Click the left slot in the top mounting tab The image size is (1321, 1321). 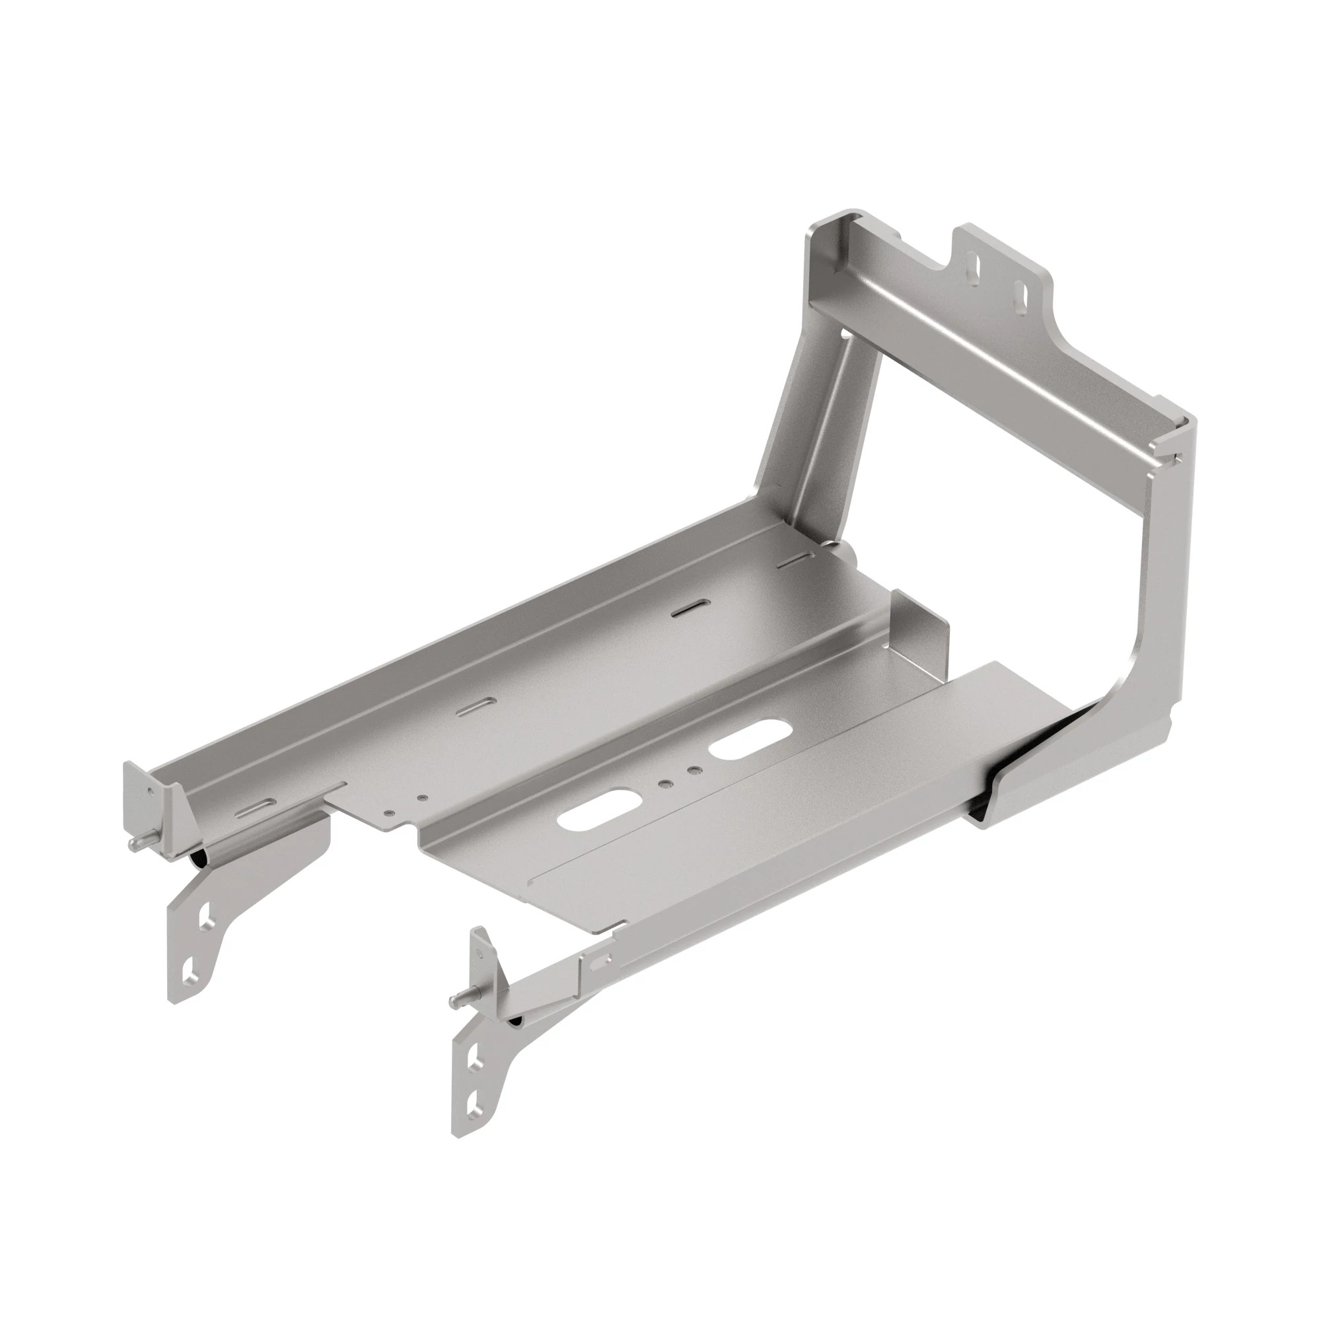coord(975,267)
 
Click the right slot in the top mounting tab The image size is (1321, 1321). coord(1021,291)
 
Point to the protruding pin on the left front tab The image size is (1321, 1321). coord(135,846)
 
